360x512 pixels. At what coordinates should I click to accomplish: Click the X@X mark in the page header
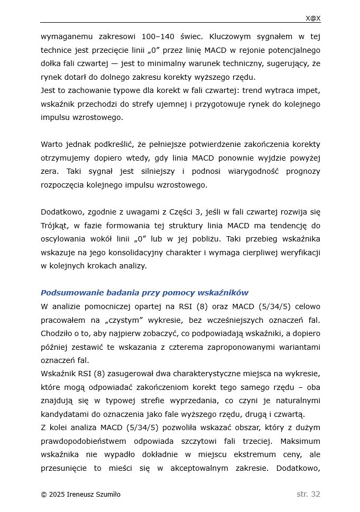(312, 18)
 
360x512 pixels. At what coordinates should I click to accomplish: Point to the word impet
(309, 90)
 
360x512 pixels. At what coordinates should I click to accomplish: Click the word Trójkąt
(55, 226)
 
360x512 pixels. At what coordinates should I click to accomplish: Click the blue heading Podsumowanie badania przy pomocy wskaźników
(144, 293)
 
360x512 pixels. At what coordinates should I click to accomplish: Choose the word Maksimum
(300, 441)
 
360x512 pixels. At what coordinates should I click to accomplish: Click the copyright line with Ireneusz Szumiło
(80, 495)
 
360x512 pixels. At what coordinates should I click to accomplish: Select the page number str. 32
(308, 495)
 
